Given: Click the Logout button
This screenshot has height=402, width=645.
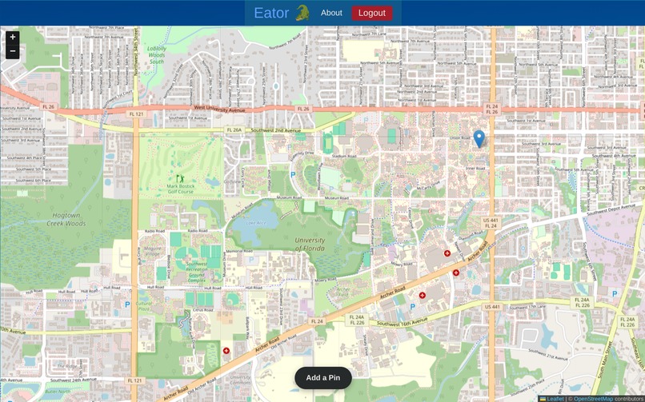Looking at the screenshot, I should (x=371, y=13).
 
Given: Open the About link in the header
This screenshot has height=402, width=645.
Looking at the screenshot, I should (x=331, y=13).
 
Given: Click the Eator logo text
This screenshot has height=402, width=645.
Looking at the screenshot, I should (x=271, y=13).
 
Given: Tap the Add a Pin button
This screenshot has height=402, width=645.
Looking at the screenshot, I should (x=323, y=378).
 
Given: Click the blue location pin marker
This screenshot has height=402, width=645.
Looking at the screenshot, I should (x=479, y=138).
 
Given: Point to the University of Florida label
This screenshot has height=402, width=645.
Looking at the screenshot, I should (x=310, y=244).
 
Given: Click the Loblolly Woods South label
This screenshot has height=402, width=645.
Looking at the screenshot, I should (x=156, y=55).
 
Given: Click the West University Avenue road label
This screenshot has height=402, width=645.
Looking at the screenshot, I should (x=229, y=107).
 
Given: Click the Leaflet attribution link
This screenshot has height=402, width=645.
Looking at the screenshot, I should (x=555, y=398).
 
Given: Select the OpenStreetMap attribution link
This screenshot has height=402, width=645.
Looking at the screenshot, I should (x=592, y=398).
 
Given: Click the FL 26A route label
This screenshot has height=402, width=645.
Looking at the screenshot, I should (x=234, y=129).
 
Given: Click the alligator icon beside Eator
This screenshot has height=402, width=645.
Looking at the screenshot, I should (x=302, y=13).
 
